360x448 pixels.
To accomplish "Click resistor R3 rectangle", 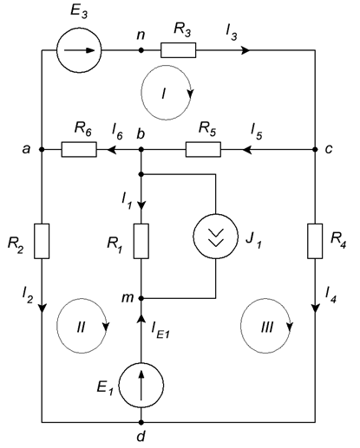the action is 179,50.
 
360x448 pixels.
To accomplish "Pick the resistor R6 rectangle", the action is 79,149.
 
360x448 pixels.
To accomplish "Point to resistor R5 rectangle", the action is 203,149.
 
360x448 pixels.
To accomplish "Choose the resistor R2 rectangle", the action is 42,241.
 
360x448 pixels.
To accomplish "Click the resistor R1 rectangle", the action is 141,241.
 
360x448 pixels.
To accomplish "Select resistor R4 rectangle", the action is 315,241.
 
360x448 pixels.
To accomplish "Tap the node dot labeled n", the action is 141,50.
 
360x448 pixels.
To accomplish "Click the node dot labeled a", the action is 42,149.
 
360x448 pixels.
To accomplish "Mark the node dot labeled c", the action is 315,149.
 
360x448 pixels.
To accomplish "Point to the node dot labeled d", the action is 141,422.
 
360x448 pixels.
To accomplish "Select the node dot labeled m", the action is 141,298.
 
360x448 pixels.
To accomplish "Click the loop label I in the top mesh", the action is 164,94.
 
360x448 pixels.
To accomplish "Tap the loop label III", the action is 266,328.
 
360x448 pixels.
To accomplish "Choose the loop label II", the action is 81,328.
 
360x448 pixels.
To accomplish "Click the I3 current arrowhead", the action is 245,50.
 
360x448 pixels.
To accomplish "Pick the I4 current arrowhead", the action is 315,308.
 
